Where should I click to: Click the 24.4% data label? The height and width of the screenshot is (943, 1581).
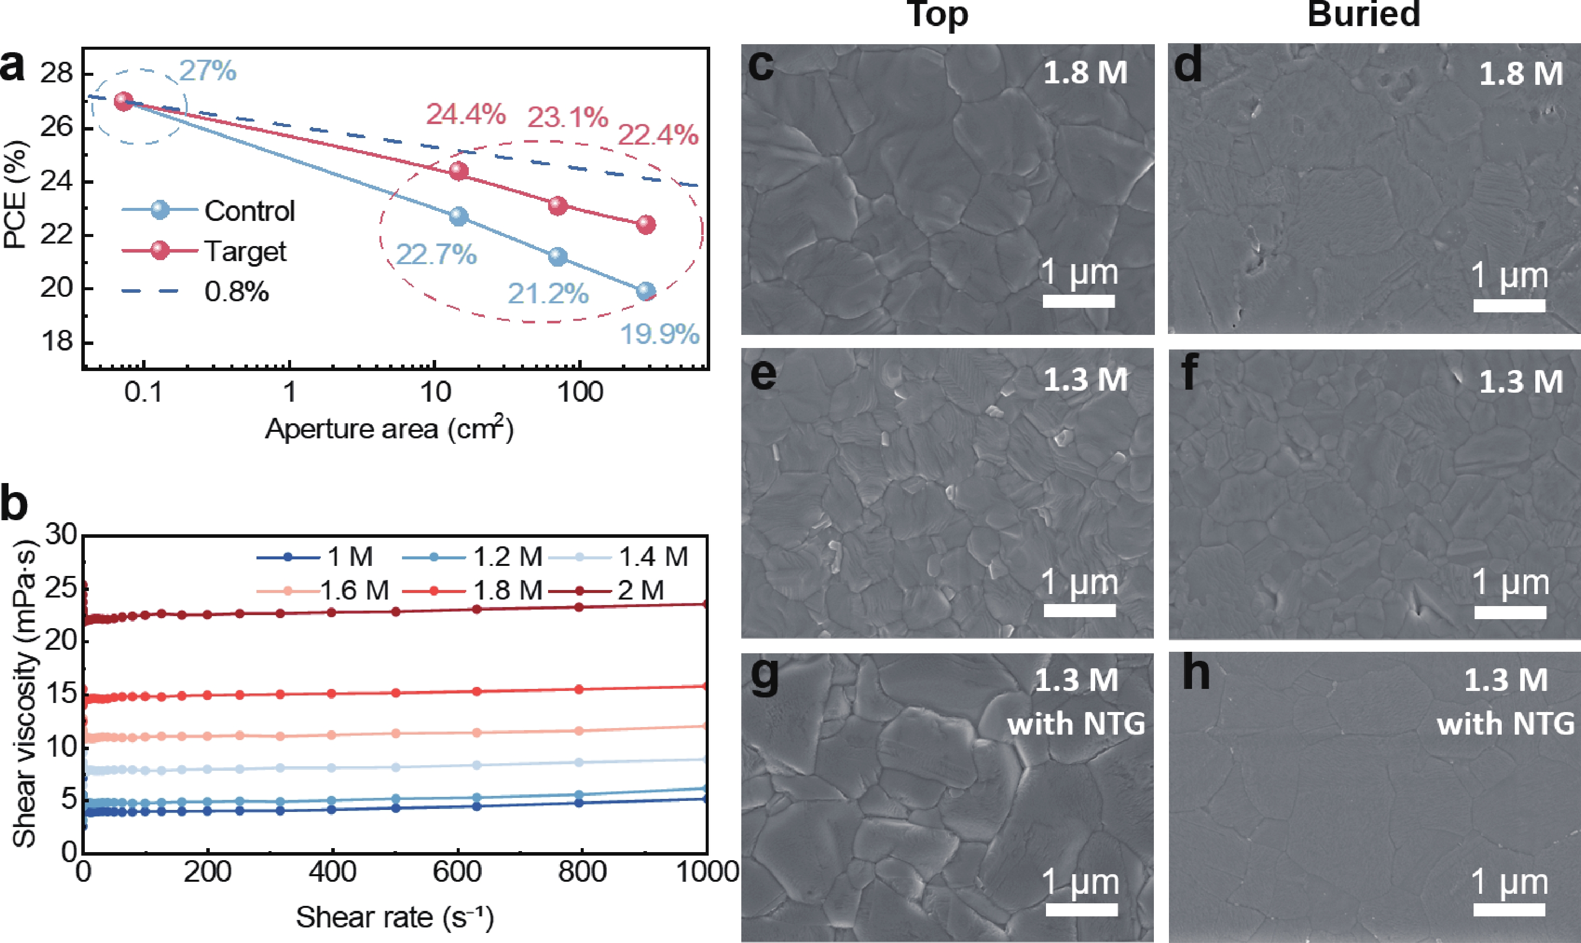(466, 114)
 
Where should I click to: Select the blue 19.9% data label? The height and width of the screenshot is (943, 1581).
(660, 334)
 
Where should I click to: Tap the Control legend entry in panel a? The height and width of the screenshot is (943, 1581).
(208, 210)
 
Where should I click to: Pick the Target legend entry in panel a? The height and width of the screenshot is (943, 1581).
(204, 251)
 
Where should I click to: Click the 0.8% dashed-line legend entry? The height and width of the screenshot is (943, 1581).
(195, 292)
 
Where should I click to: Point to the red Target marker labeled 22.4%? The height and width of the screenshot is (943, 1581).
(646, 224)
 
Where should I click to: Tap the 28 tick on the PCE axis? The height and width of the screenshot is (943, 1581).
(57, 74)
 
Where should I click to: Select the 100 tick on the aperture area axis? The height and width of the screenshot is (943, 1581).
(580, 393)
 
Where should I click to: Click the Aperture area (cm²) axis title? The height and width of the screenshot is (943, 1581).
(389, 429)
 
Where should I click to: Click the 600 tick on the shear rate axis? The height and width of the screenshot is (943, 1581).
(457, 872)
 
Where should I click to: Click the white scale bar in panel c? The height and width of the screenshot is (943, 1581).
(1079, 301)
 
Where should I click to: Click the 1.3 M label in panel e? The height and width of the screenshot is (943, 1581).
(1086, 380)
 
